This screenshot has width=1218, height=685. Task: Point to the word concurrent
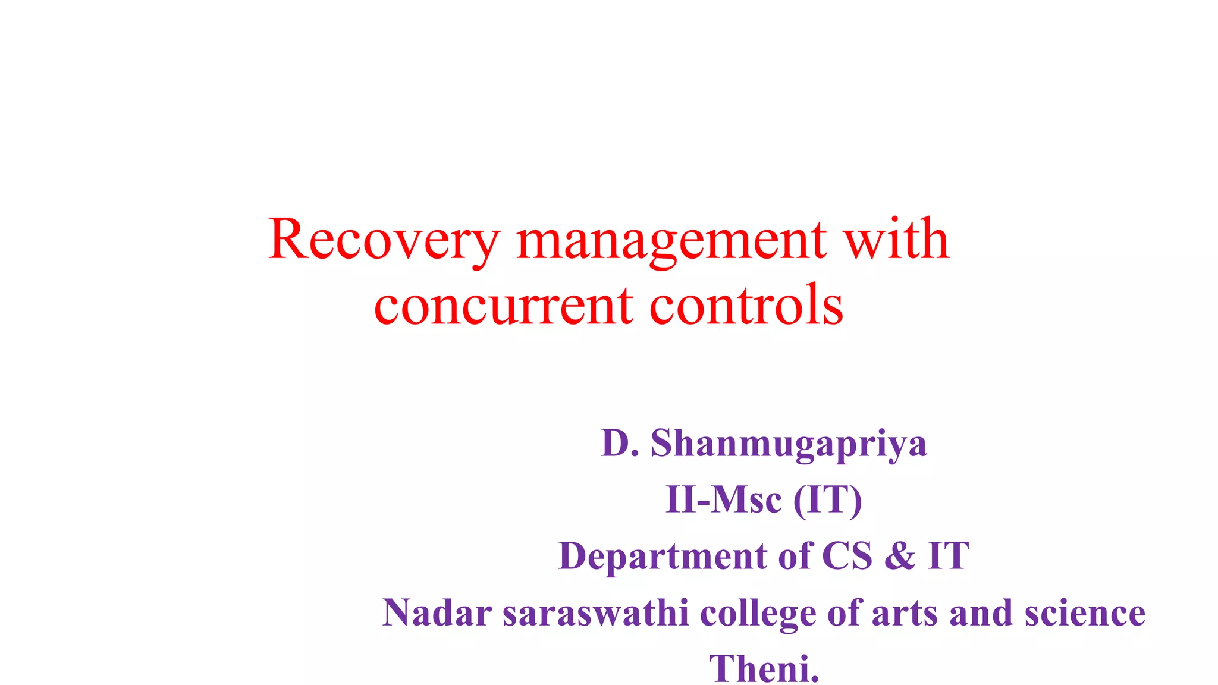[503, 306]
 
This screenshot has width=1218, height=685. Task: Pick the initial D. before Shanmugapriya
[620, 443]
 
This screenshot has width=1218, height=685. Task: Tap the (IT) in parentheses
[828, 499]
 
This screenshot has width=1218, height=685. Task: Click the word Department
[663, 556]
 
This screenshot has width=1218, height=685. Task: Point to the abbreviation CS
[847, 556]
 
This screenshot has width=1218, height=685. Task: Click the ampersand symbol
[900, 556]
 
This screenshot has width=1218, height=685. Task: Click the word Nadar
[437, 612]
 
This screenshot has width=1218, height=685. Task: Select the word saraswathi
[596, 612]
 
